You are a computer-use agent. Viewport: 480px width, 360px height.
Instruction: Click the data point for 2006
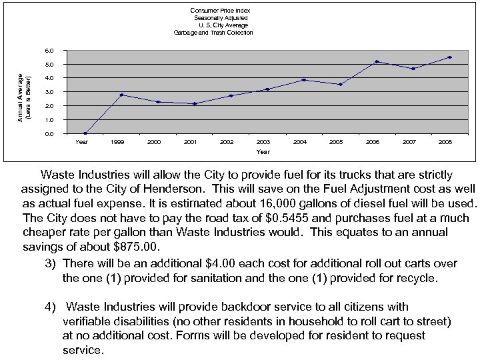(377, 62)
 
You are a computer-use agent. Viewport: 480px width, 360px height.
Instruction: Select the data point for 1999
(121, 95)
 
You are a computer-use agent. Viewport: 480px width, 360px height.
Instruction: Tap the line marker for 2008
(449, 57)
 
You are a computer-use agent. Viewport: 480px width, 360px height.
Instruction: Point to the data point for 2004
(304, 80)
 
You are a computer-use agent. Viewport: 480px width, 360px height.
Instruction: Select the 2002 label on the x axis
(227, 142)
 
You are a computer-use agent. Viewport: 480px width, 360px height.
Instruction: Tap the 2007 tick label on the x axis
(409, 142)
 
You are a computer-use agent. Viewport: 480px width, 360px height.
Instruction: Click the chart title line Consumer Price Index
(220, 11)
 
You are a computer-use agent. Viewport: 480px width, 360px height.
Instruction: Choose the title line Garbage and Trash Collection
(213, 33)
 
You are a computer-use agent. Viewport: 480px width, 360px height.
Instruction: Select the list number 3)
(51, 263)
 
